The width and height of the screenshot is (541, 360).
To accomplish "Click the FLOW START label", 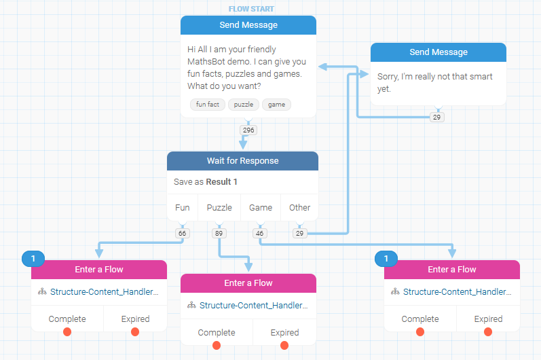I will click(x=251, y=9).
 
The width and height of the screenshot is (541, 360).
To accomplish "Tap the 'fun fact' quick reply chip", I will click(x=208, y=105).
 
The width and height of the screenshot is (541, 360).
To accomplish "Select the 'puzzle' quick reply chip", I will click(x=244, y=105).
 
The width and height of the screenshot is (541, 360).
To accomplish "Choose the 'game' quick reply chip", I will click(x=276, y=105).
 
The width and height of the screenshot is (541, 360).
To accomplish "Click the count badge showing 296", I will click(x=248, y=130).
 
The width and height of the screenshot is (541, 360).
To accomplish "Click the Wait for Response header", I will click(x=242, y=161).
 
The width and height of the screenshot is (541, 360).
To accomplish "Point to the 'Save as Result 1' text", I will click(x=206, y=182).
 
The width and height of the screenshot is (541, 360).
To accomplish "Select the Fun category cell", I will click(x=183, y=208).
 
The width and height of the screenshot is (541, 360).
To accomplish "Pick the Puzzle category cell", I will click(x=219, y=208).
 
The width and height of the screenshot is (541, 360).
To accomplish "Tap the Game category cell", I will click(x=261, y=208).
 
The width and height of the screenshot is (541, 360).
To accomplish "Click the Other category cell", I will click(x=299, y=208).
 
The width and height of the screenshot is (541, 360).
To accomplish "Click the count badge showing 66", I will click(x=181, y=233).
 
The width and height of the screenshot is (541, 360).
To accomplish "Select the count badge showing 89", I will click(x=219, y=233).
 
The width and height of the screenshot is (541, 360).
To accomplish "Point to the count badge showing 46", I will click(x=259, y=233).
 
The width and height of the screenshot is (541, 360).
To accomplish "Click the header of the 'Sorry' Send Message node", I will click(x=439, y=52).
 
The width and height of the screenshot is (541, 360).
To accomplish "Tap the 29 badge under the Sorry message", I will click(x=437, y=118).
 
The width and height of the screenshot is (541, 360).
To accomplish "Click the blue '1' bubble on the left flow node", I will click(x=33, y=258).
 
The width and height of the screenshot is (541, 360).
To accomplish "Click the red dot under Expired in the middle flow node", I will click(x=284, y=345).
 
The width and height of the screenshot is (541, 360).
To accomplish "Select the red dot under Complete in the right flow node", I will click(x=420, y=331).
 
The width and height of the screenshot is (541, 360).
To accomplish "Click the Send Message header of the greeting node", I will click(x=248, y=25).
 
